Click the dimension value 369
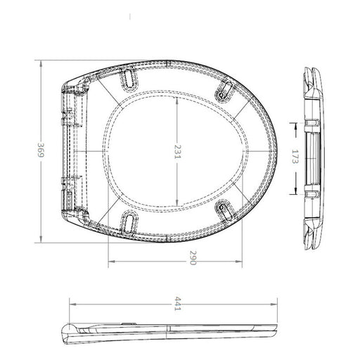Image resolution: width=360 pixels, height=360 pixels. (41, 150)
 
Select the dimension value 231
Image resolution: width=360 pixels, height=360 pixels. (177, 151)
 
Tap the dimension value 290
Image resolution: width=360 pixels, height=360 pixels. (193, 257)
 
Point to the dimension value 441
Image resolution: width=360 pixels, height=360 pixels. (178, 304)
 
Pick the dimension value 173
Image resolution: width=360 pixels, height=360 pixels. (295, 156)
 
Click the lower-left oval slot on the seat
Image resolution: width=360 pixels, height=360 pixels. (129, 222)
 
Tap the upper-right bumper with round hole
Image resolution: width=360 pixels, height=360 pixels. (224, 91)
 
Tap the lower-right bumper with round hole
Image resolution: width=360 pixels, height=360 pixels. (224, 210)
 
